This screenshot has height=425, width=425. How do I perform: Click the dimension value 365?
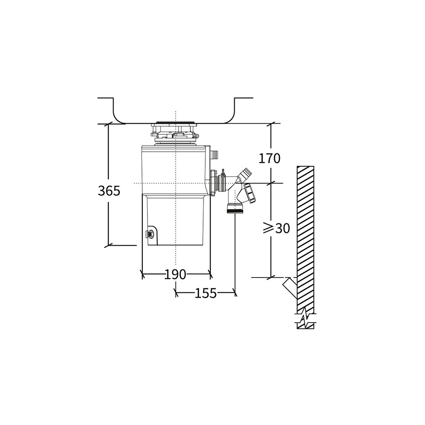(x=109, y=191)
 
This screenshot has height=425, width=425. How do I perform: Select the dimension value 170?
(x=269, y=158)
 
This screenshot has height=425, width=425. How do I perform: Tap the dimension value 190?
(x=176, y=275)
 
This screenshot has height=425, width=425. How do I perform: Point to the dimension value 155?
(x=206, y=293)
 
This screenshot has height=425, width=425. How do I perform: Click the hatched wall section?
(x=306, y=238)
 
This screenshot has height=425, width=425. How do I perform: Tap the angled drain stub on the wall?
(x=290, y=288)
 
